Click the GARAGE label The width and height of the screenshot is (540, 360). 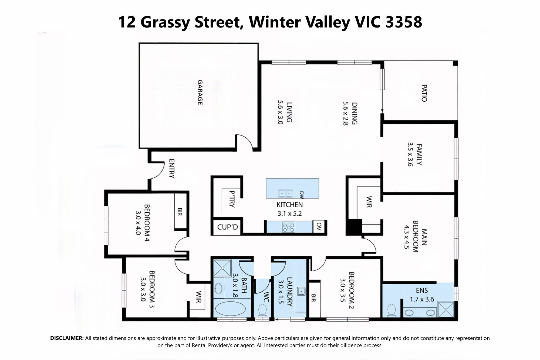(x=200, y=92)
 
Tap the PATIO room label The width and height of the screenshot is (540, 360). (x=424, y=93)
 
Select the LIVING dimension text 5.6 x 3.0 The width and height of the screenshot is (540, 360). (x=280, y=112)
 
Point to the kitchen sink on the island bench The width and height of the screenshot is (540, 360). (x=285, y=193)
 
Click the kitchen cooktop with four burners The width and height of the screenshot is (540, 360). (x=289, y=227)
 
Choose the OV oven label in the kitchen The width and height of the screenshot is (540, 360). (x=319, y=226)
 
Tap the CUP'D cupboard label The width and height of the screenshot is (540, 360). (x=228, y=227)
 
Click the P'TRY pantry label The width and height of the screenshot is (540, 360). (x=232, y=199)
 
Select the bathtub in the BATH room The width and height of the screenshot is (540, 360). (x=231, y=308)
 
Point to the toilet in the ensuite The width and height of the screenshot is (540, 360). (x=391, y=310)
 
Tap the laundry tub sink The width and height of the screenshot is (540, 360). (x=301, y=291)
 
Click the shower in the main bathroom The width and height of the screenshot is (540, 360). (x=222, y=268)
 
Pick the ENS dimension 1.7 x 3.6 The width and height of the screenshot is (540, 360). (x=422, y=299)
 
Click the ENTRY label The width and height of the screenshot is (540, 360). (x=171, y=169)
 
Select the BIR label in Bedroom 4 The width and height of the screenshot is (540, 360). (x=180, y=212)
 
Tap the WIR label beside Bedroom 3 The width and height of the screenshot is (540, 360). (x=199, y=297)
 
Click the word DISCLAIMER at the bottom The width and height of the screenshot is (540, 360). (x=67, y=338)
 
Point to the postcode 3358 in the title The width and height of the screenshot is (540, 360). (x=404, y=22)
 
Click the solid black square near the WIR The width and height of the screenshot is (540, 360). (x=354, y=227)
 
